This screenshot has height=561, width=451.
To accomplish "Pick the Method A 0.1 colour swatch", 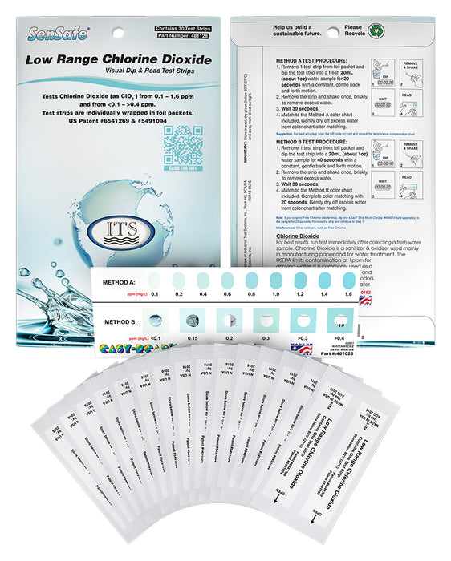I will tap(154, 280).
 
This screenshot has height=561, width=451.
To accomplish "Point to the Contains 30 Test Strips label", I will tap(185, 29).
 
